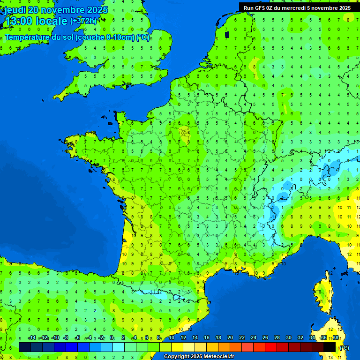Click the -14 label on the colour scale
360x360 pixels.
[x=32, y=337]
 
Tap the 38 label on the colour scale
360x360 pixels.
[x=336, y=337]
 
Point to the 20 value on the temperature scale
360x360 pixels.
[x=230, y=337]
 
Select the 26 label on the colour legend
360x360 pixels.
[x=265, y=337]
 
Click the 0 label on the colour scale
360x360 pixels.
[x=112, y=337]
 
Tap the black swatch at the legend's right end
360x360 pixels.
[x=330, y=347]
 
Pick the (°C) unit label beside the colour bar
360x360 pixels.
[x=344, y=347]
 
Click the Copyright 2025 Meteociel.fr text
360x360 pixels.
[x=198, y=356]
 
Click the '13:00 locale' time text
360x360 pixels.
[x=36, y=21]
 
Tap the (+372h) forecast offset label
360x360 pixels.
[x=83, y=21]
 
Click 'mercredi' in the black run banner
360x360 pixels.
[x=294, y=7]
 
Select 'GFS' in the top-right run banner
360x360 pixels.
[x=260, y=7]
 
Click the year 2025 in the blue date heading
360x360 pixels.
[x=97, y=10]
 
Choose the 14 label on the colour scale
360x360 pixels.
[x=195, y=337]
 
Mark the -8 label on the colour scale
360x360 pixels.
[x=67, y=337]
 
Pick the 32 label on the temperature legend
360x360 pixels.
[x=300, y=337]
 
